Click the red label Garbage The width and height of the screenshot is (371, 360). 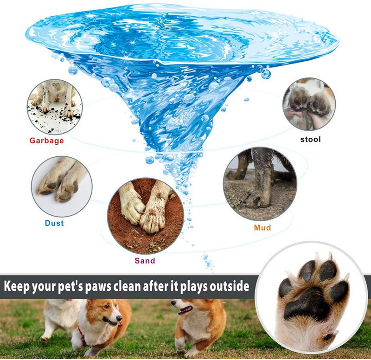pyautogui.click(x=47, y=141)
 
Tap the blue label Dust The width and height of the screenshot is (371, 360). pyautogui.click(x=54, y=223)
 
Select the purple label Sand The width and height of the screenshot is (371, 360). pyautogui.click(x=145, y=261)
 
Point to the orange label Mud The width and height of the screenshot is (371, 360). pyautogui.click(x=262, y=228)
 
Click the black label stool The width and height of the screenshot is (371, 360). pyautogui.click(x=310, y=139)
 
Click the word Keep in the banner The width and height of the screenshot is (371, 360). pyautogui.click(x=17, y=286)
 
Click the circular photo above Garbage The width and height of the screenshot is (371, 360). pyautogui.click(x=55, y=107)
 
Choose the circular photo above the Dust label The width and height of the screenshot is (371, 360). pyautogui.click(x=62, y=186)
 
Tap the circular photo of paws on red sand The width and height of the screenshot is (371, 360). pyautogui.click(x=146, y=216)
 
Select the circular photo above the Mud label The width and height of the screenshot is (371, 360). pyautogui.click(x=260, y=184)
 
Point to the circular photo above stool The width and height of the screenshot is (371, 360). pyautogui.click(x=309, y=104)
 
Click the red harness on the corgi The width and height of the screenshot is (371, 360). pyautogui.click(x=82, y=335)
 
